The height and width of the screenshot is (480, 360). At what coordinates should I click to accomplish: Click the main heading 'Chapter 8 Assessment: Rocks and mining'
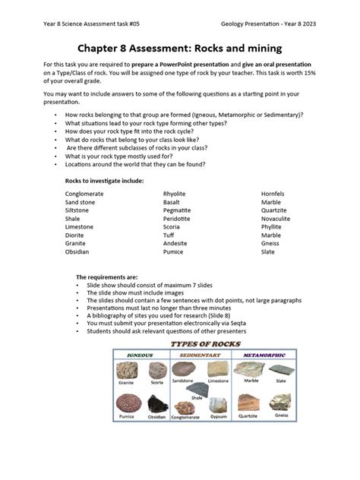point(180,49)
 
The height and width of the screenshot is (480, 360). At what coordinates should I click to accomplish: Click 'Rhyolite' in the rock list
point(175,194)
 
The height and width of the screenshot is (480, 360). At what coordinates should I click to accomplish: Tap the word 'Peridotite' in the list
point(178,218)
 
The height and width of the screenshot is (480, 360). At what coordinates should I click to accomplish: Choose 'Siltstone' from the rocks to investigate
point(77,210)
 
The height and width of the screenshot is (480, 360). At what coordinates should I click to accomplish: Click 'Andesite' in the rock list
point(175,243)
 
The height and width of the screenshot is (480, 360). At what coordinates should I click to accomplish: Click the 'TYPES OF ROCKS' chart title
point(204,344)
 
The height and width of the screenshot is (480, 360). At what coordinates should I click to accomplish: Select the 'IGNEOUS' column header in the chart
point(141,355)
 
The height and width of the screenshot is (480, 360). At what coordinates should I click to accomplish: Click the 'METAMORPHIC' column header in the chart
point(264,355)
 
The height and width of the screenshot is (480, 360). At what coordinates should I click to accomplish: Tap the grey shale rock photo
point(196,387)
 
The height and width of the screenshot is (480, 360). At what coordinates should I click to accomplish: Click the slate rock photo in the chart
point(281,370)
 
